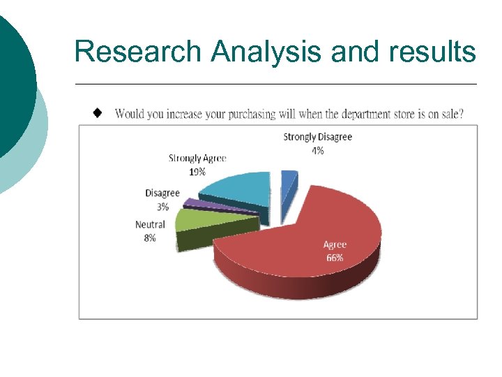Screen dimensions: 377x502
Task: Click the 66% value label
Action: [x=335, y=258]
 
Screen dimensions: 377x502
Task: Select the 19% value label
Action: [x=197, y=172]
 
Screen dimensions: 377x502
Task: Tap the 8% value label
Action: [x=150, y=238]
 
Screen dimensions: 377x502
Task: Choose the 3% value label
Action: [x=162, y=207]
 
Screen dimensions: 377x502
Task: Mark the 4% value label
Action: [x=317, y=151]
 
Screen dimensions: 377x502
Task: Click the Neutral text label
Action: [x=150, y=225]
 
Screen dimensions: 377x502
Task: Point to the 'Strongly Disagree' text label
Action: [x=317, y=137]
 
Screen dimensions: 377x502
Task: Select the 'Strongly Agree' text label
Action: [x=197, y=158]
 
